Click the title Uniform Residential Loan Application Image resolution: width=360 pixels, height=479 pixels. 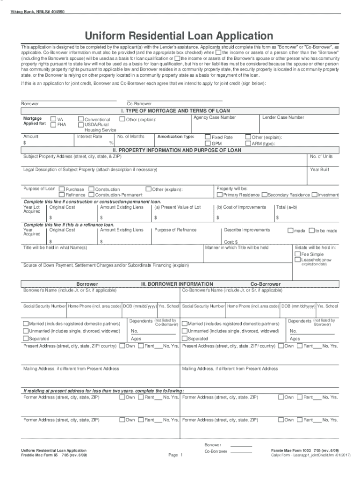point(179,36)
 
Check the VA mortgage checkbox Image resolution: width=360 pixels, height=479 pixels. point(53,119)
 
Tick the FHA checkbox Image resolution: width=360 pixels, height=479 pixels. point(53,125)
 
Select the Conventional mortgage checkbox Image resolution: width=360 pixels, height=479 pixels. point(81,119)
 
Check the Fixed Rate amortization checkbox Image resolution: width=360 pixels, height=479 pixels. point(208,137)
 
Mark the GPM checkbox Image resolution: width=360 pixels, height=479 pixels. point(208,143)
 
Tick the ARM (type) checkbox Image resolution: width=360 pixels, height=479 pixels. point(248,143)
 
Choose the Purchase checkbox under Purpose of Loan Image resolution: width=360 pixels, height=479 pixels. point(62,189)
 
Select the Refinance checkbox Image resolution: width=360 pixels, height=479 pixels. point(62,195)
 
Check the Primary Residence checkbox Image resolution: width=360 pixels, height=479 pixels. point(220,195)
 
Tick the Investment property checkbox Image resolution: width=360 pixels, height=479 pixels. point(314,195)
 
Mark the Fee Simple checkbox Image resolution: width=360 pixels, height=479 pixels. point(297,254)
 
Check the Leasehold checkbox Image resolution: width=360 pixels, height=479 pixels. point(297,260)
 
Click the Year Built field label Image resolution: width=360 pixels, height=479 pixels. point(320,170)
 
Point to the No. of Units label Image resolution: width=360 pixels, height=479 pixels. point(321,157)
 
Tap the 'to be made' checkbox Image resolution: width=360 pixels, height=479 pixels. point(311,230)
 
